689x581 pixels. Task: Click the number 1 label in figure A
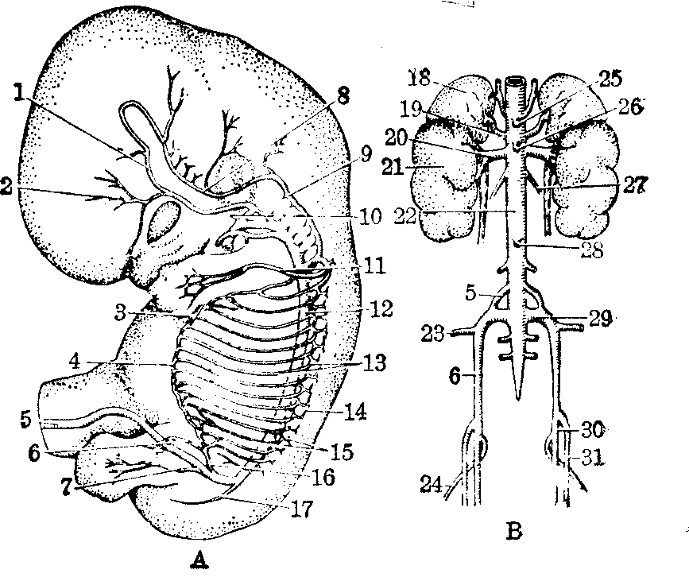tap(18, 92)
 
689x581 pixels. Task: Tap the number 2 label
tap(6, 187)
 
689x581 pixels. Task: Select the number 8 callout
tap(343, 95)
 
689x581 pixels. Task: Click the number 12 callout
tap(381, 308)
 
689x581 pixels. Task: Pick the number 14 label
tap(355, 413)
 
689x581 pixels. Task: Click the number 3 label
tap(121, 312)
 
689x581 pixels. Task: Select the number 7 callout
tap(66, 488)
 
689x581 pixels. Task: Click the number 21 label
tap(393, 167)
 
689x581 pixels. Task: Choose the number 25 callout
tap(611, 78)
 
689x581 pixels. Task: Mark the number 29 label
tap(601, 319)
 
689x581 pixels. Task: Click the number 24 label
tap(431, 485)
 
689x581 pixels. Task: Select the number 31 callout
tap(593, 458)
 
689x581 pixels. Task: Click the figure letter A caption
tap(200, 560)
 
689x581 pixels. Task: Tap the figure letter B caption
tap(514, 530)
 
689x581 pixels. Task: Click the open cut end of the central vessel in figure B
tap(514, 82)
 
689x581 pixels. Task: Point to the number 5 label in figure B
tap(470, 292)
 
